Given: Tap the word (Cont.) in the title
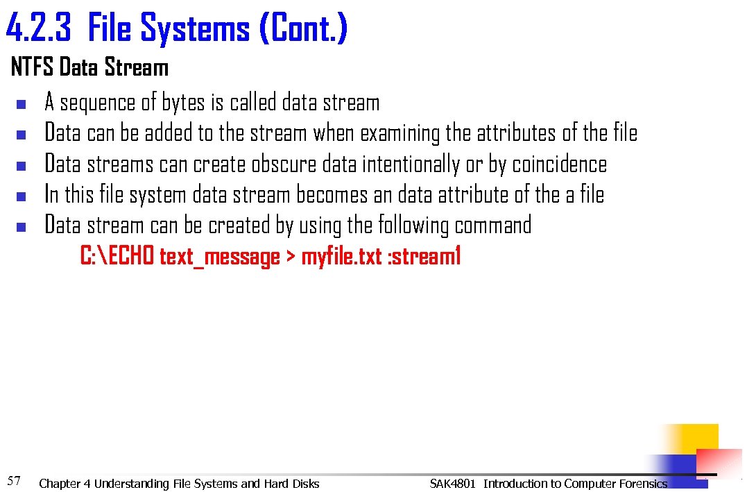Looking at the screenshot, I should click(x=302, y=29).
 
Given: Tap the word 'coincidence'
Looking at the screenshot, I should click(x=559, y=164).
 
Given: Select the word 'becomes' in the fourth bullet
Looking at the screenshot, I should click(x=332, y=195).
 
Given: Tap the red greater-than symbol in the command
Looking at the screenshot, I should click(x=291, y=257).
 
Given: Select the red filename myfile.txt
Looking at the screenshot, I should click(x=341, y=257).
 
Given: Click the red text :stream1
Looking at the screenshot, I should click(x=424, y=257).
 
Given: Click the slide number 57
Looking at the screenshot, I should click(x=14, y=480).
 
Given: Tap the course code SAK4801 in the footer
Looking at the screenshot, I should click(x=453, y=484).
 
